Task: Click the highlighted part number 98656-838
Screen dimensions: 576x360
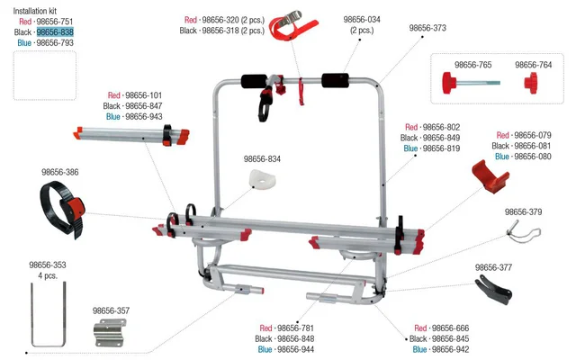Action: pyautogui.click(x=55, y=32)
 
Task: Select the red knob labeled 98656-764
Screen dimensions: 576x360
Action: pyautogui.click(x=531, y=83)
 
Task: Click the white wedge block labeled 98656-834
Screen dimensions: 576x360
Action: pyautogui.click(x=262, y=178)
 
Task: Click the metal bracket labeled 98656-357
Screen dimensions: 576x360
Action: pyautogui.click(x=110, y=332)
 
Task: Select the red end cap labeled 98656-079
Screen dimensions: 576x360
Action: pyautogui.click(x=490, y=176)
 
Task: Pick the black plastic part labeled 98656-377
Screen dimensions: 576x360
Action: pyautogui.click(x=493, y=291)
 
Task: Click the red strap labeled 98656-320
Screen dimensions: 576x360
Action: pyautogui.click(x=292, y=26)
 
